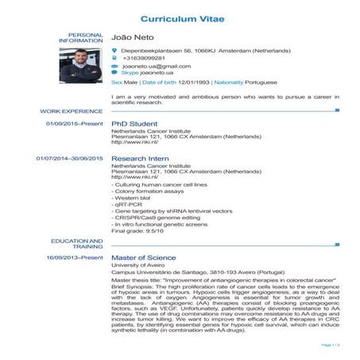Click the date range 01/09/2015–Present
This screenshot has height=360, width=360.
(x=75, y=125)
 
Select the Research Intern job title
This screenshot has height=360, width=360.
(x=139, y=159)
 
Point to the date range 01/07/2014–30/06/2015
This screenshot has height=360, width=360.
(x=70, y=159)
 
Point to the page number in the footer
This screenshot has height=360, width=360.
(x=331, y=344)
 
